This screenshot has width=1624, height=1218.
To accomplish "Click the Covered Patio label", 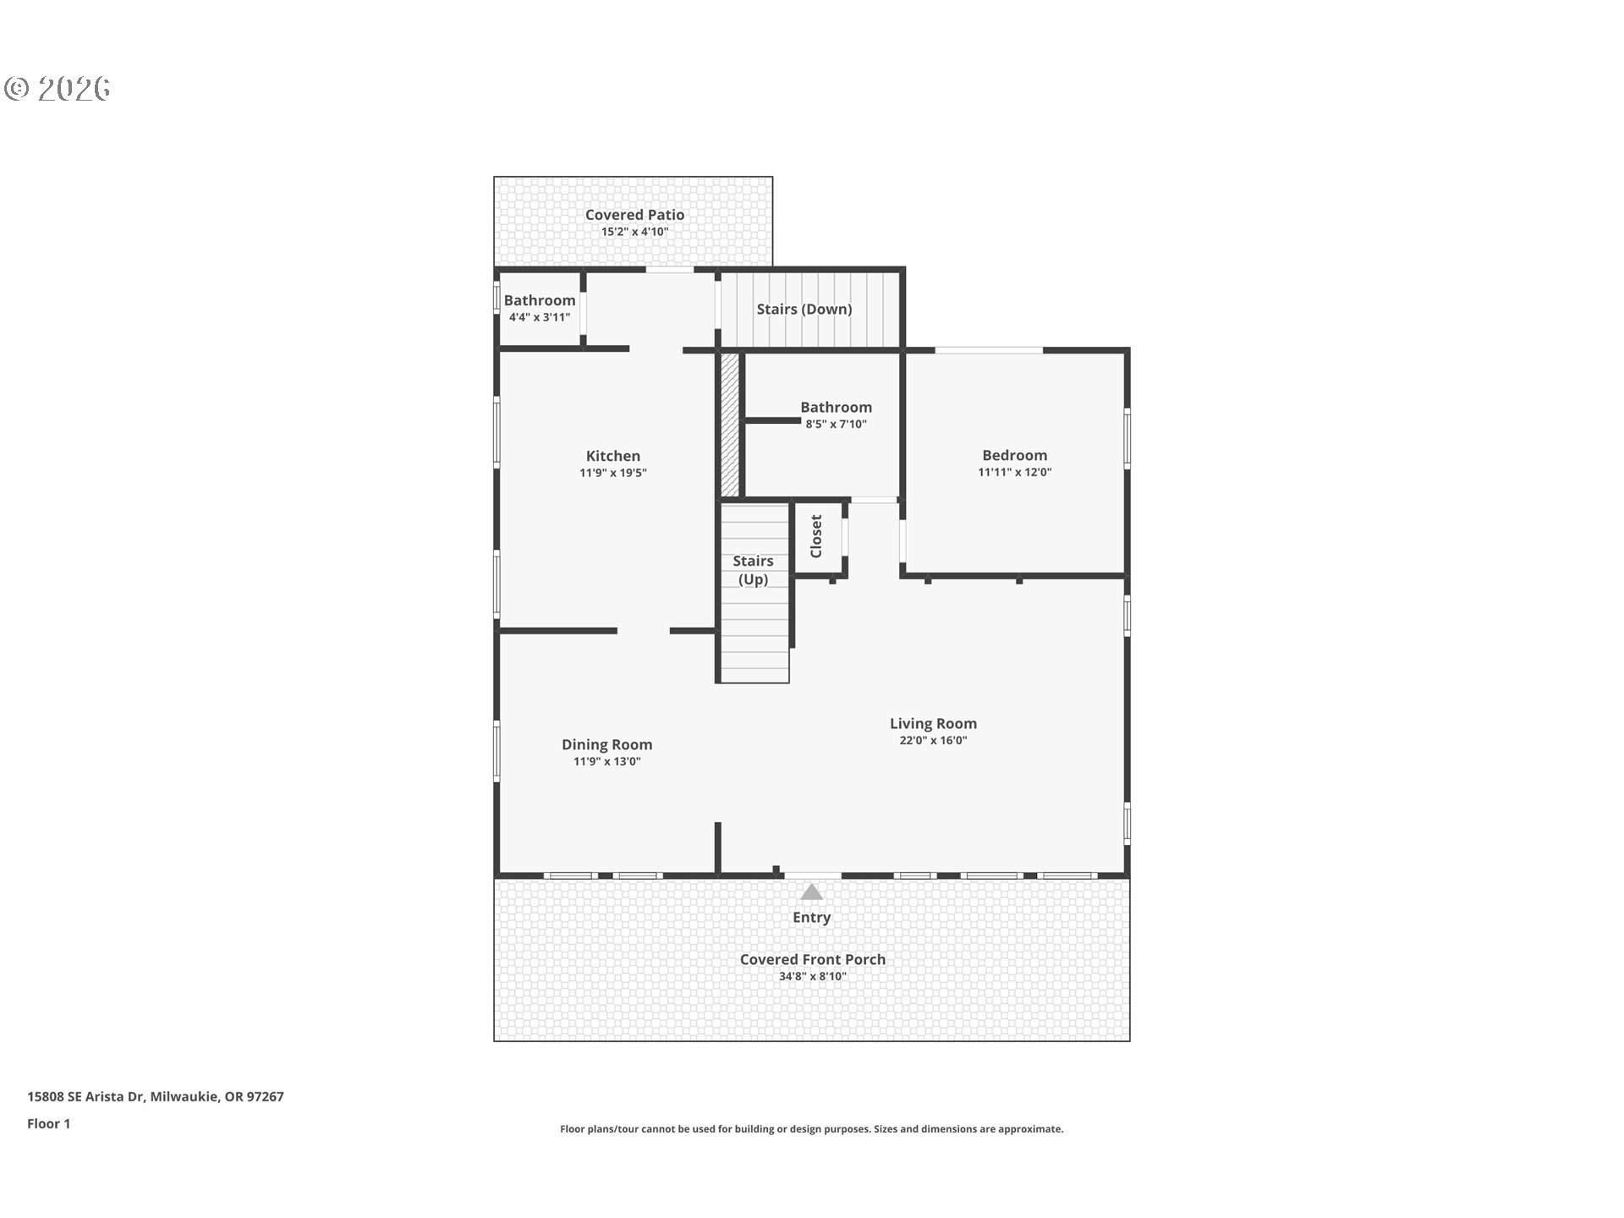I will (634, 215).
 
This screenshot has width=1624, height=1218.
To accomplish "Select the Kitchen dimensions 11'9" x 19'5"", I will (612, 473).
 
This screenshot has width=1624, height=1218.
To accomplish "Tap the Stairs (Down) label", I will (804, 309).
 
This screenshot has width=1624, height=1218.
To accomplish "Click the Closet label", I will (816, 536).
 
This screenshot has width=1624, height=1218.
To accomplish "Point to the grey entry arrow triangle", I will (811, 892).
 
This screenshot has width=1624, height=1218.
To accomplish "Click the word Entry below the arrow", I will (811, 917).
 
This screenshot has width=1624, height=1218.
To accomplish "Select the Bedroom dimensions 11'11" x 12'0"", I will (1014, 472).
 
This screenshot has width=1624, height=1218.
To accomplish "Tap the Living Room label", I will (933, 723).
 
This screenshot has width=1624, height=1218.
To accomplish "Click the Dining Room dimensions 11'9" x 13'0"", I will (606, 761).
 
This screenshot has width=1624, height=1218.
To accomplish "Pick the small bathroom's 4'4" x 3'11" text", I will (539, 317).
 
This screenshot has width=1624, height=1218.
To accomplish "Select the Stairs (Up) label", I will (753, 570).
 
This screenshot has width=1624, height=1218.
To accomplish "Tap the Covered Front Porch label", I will (812, 959).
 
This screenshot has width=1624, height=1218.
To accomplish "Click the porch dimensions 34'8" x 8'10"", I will (812, 976).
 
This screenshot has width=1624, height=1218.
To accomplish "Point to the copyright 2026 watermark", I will (58, 89).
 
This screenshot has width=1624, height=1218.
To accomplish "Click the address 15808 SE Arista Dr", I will (86, 1096).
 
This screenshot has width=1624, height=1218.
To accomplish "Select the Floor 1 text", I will (48, 1123).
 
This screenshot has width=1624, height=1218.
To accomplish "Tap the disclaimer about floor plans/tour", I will (811, 1128).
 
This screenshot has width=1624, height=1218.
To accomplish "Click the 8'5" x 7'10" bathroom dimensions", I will (836, 424).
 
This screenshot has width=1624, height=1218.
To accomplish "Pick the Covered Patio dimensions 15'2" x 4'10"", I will (634, 231).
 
